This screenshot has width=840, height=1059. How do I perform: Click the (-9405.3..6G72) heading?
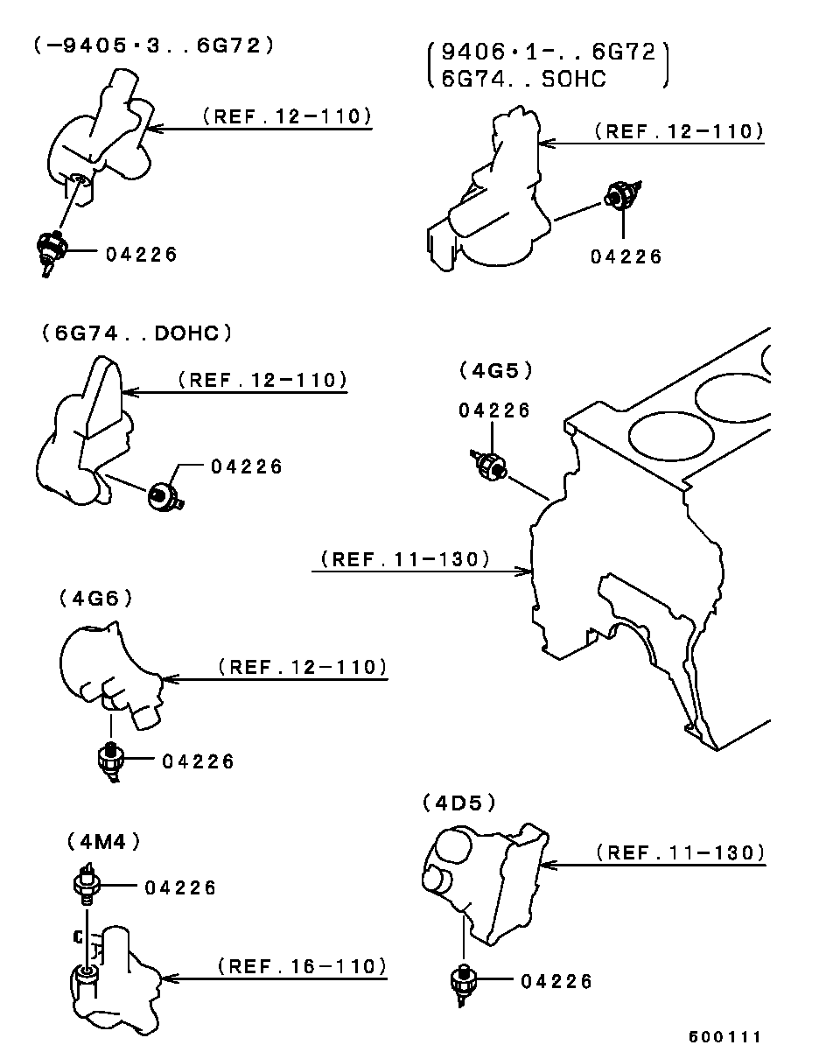click(154, 46)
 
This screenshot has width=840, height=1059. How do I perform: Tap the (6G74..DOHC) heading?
click(136, 333)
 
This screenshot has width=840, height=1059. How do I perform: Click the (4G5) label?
click(495, 370)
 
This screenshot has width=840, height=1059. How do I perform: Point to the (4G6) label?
click(96, 598)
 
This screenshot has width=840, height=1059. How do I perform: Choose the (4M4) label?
click(103, 842)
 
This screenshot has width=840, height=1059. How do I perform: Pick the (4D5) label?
click(459, 802)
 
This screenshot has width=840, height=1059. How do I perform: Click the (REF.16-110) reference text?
click(302, 966)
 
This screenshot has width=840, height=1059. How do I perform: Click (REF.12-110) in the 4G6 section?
click(302, 667)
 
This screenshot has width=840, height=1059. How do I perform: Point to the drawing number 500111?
click(724, 1037)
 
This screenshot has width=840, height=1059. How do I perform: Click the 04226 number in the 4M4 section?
click(181, 887)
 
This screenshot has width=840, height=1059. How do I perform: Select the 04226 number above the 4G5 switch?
click(494, 410)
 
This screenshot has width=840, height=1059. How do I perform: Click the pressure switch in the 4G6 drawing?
click(110, 760)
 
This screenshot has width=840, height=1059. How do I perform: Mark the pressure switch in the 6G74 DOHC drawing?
click(164, 496)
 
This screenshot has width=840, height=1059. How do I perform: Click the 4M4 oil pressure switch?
click(86, 885)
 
